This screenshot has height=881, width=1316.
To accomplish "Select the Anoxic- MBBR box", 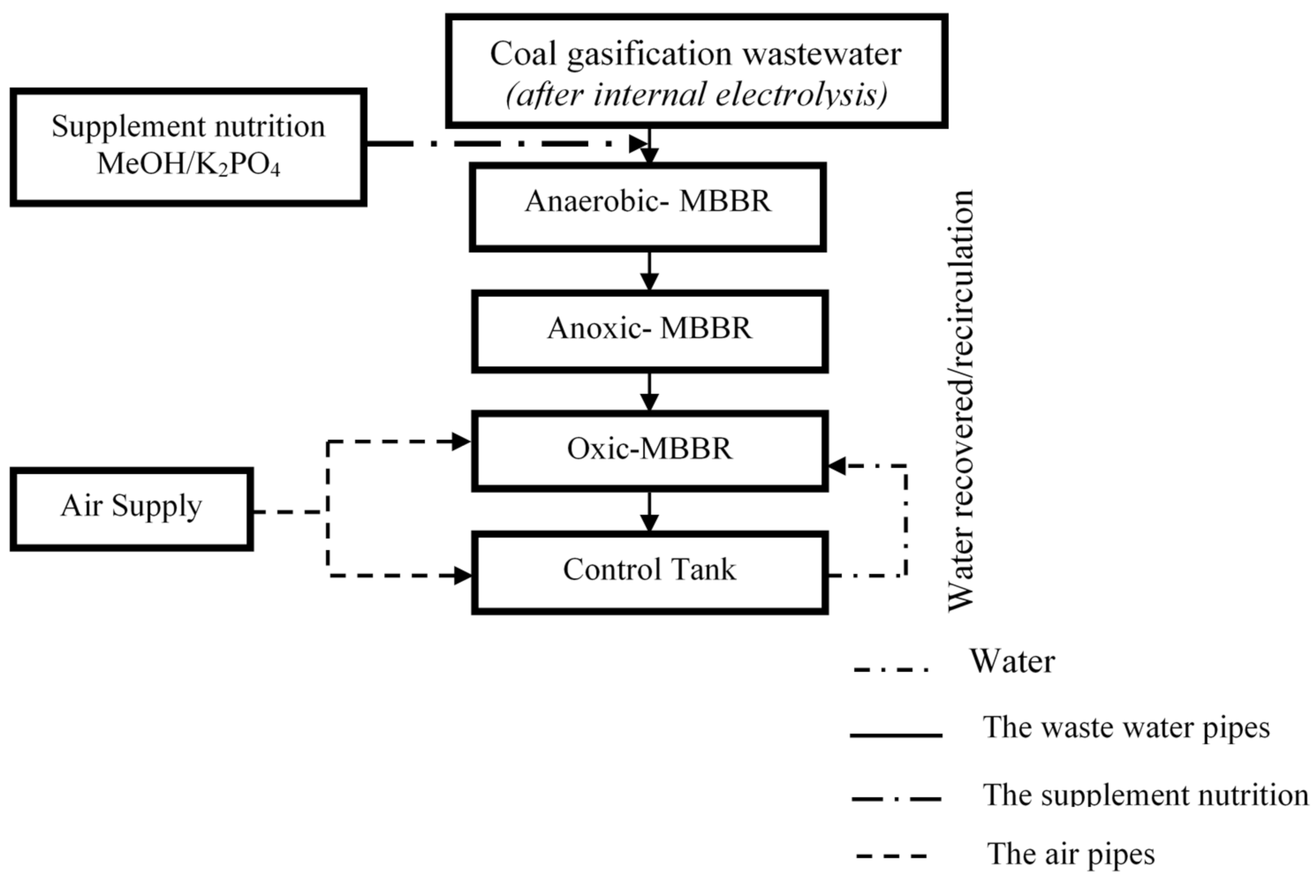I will pos(649,332).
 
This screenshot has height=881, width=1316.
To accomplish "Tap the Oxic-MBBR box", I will pos(649,451).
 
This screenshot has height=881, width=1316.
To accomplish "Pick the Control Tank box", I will pos(649,572).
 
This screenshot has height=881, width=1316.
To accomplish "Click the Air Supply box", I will pos(131,508).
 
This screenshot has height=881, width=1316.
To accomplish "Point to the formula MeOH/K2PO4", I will pos(188,164).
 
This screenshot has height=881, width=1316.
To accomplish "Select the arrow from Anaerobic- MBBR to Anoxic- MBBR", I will pos(649,272).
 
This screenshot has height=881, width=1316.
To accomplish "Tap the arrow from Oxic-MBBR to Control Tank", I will pos(649,512).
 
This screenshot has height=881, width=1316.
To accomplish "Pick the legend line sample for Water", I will pos(891,669).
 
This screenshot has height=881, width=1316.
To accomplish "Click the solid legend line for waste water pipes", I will pos(896,735).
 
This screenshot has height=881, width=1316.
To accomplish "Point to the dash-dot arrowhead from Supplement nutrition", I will pos(637,144).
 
